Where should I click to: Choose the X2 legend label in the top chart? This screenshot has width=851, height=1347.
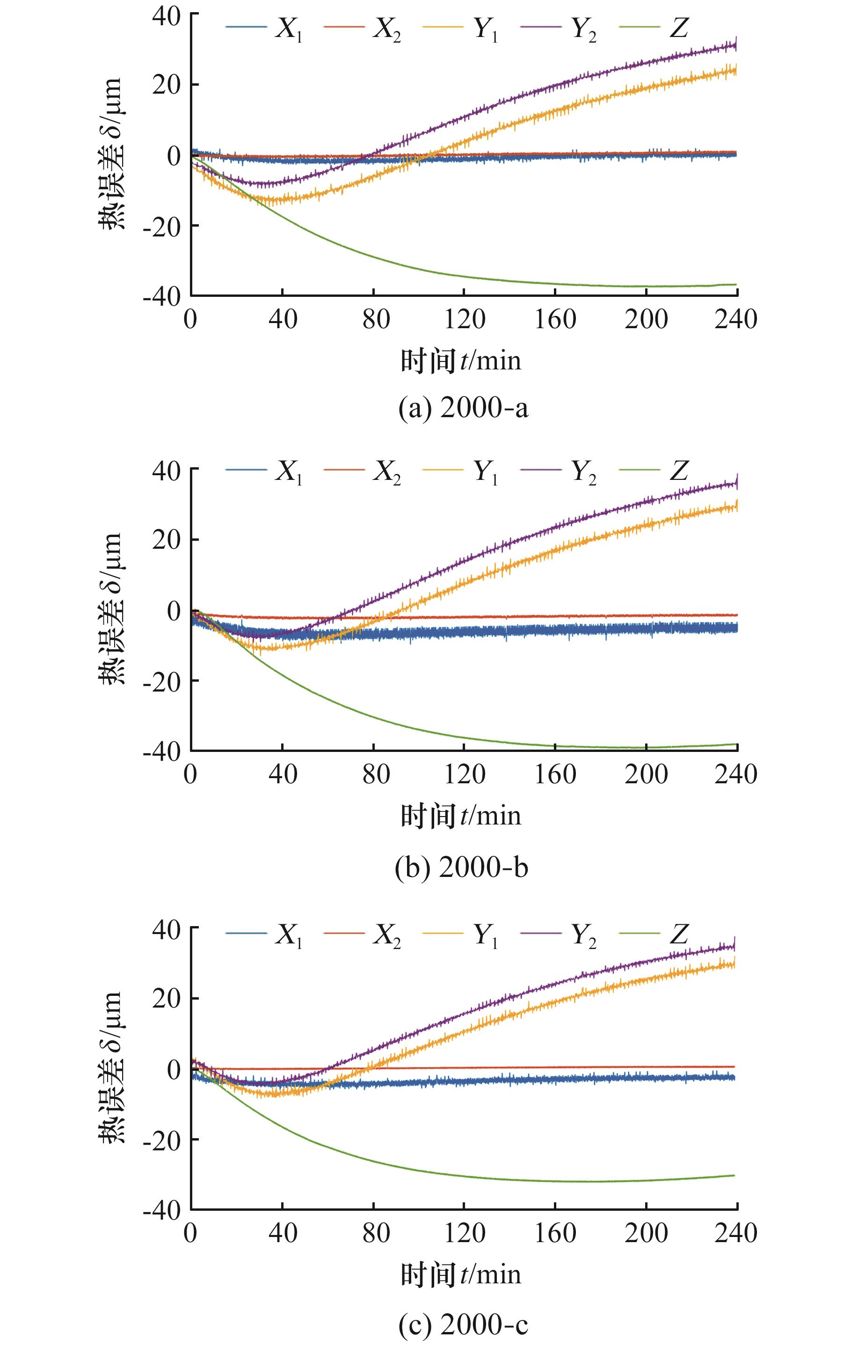[x=387, y=28]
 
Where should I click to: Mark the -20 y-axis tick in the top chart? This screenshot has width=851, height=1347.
[x=162, y=225]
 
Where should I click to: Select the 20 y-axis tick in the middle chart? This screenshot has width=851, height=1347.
[x=167, y=540]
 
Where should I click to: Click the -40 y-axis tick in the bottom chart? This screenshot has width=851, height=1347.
[x=162, y=1210]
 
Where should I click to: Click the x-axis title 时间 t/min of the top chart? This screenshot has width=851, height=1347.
[x=461, y=361]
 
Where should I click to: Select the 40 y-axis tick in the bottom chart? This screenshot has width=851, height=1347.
[x=167, y=928]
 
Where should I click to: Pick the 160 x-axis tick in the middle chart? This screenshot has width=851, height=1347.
[x=555, y=775]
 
